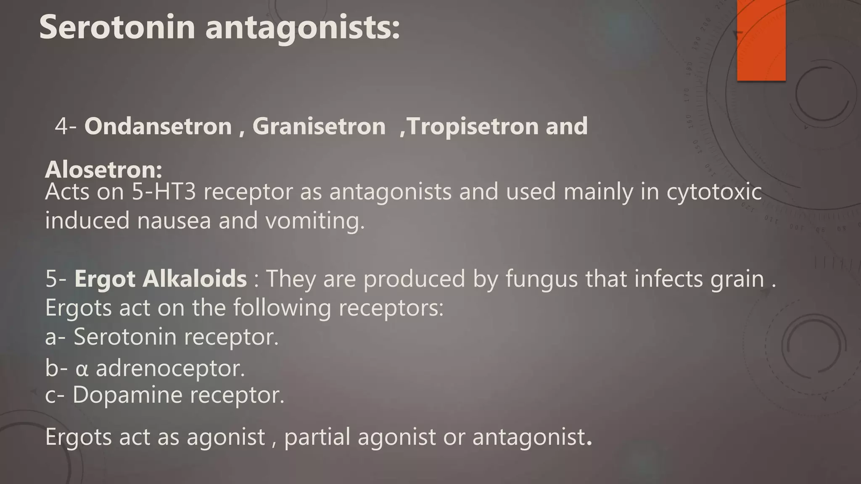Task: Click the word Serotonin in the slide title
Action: tap(117, 27)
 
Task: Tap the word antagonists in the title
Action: tap(302, 28)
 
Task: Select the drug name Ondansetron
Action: tap(158, 126)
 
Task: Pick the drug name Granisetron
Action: tap(319, 126)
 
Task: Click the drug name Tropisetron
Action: tap(473, 126)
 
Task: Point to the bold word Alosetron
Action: tap(103, 169)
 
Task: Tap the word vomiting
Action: tap(315, 221)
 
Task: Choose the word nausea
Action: tap(174, 221)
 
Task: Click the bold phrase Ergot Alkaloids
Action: tap(161, 279)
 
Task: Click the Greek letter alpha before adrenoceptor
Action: tap(82, 369)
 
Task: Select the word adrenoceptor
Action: tap(170, 368)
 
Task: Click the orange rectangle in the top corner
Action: tap(761, 40)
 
